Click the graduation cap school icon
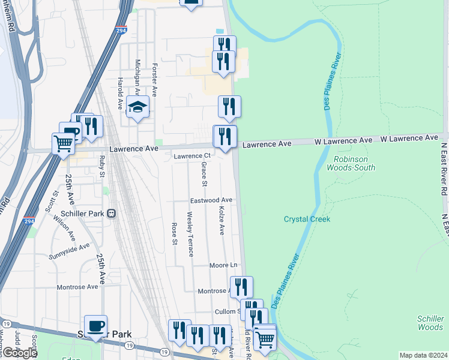[x=137, y=107]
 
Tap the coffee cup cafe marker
[x=96, y=326]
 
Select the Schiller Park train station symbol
[x=111, y=213]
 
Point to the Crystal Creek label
[x=307, y=219]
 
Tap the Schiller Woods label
[x=430, y=323]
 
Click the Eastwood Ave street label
[x=211, y=200]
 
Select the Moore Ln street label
[x=223, y=265]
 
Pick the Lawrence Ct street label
[x=188, y=156]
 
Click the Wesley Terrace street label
[x=190, y=234]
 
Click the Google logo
[x=19, y=353]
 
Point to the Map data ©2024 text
[x=423, y=355]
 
